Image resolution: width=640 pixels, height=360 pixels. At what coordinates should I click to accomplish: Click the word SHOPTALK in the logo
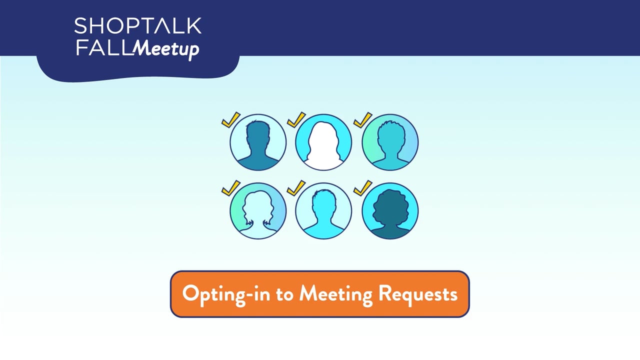[x=137, y=26]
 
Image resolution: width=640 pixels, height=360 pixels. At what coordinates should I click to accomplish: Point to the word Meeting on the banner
[x=335, y=293]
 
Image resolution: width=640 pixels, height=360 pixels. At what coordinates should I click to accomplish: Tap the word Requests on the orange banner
[x=417, y=293]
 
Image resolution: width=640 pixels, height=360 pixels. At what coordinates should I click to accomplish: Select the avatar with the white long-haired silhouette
[x=323, y=142]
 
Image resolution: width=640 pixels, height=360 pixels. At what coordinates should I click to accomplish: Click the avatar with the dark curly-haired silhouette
[x=390, y=210]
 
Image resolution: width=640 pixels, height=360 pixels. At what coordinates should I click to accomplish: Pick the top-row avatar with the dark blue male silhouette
[x=258, y=142]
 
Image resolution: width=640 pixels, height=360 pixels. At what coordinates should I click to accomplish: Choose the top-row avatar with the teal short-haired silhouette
[x=390, y=142]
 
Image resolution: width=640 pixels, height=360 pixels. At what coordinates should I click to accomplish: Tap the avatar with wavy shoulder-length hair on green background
[x=258, y=210]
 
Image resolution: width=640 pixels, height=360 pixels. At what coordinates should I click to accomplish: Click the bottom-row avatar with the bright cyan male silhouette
[x=323, y=210]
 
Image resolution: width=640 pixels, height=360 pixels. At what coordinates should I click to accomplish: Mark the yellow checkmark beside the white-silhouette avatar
[x=296, y=119]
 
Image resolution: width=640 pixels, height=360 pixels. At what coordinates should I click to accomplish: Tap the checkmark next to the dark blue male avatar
[x=230, y=119]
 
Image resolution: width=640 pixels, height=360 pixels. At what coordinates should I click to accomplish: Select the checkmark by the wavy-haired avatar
[x=230, y=187]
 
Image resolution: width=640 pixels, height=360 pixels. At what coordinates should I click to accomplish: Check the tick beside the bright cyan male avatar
[x=296, y=187]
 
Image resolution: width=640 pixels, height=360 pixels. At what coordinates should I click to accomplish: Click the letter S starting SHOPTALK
[x=80, y=26]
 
